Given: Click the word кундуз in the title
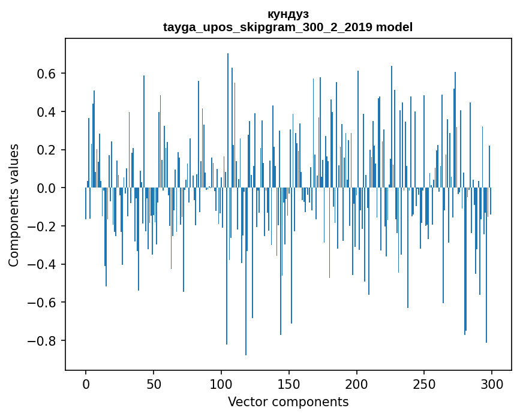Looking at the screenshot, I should click(288, 14).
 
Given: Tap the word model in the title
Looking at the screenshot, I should click(394, 27).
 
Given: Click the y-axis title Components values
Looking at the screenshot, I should click(14, 205).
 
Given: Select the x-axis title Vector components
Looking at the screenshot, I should click(288, 401).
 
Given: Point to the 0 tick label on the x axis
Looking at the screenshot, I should click(86, 383).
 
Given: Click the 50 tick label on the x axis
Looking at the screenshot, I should click(154, 383).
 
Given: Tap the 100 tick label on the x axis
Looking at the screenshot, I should click(221, 383).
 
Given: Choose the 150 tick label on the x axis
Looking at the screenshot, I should click(289, 383).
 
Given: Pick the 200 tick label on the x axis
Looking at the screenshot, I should click(357, 383).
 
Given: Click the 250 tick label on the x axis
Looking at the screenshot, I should click(425, 383).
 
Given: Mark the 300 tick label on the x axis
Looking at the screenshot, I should click(492, 383).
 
